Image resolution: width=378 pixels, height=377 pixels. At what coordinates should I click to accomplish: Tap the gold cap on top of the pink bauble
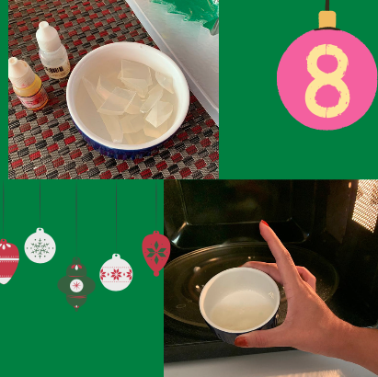coord(327,19)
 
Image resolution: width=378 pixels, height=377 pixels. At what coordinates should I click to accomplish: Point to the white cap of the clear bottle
coord(48,36)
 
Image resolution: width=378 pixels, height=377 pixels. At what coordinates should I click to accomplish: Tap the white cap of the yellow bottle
coord(20,71)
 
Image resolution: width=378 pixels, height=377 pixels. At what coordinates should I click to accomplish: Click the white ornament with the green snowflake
coord(40,246)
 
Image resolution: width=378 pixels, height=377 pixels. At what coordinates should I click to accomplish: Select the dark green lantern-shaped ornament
coord(76,284)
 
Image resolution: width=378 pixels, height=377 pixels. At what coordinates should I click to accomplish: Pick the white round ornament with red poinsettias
coord(116,272)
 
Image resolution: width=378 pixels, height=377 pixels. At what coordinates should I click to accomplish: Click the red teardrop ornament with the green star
coord(156,253)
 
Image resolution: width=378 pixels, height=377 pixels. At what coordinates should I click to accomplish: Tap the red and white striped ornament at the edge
coord(7,261)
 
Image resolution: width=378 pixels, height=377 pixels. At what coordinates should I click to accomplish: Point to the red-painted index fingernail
coord(265,223)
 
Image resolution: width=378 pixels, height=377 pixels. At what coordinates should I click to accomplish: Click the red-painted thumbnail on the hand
coord(241,341)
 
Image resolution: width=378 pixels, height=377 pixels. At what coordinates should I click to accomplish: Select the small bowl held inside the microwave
coord(240,303)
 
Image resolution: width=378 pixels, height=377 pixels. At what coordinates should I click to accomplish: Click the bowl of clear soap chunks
coord(128,99)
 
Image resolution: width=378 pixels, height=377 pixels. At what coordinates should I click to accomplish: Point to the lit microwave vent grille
coord(365,205)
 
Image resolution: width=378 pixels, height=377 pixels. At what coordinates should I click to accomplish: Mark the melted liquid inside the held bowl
coord(242,310)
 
